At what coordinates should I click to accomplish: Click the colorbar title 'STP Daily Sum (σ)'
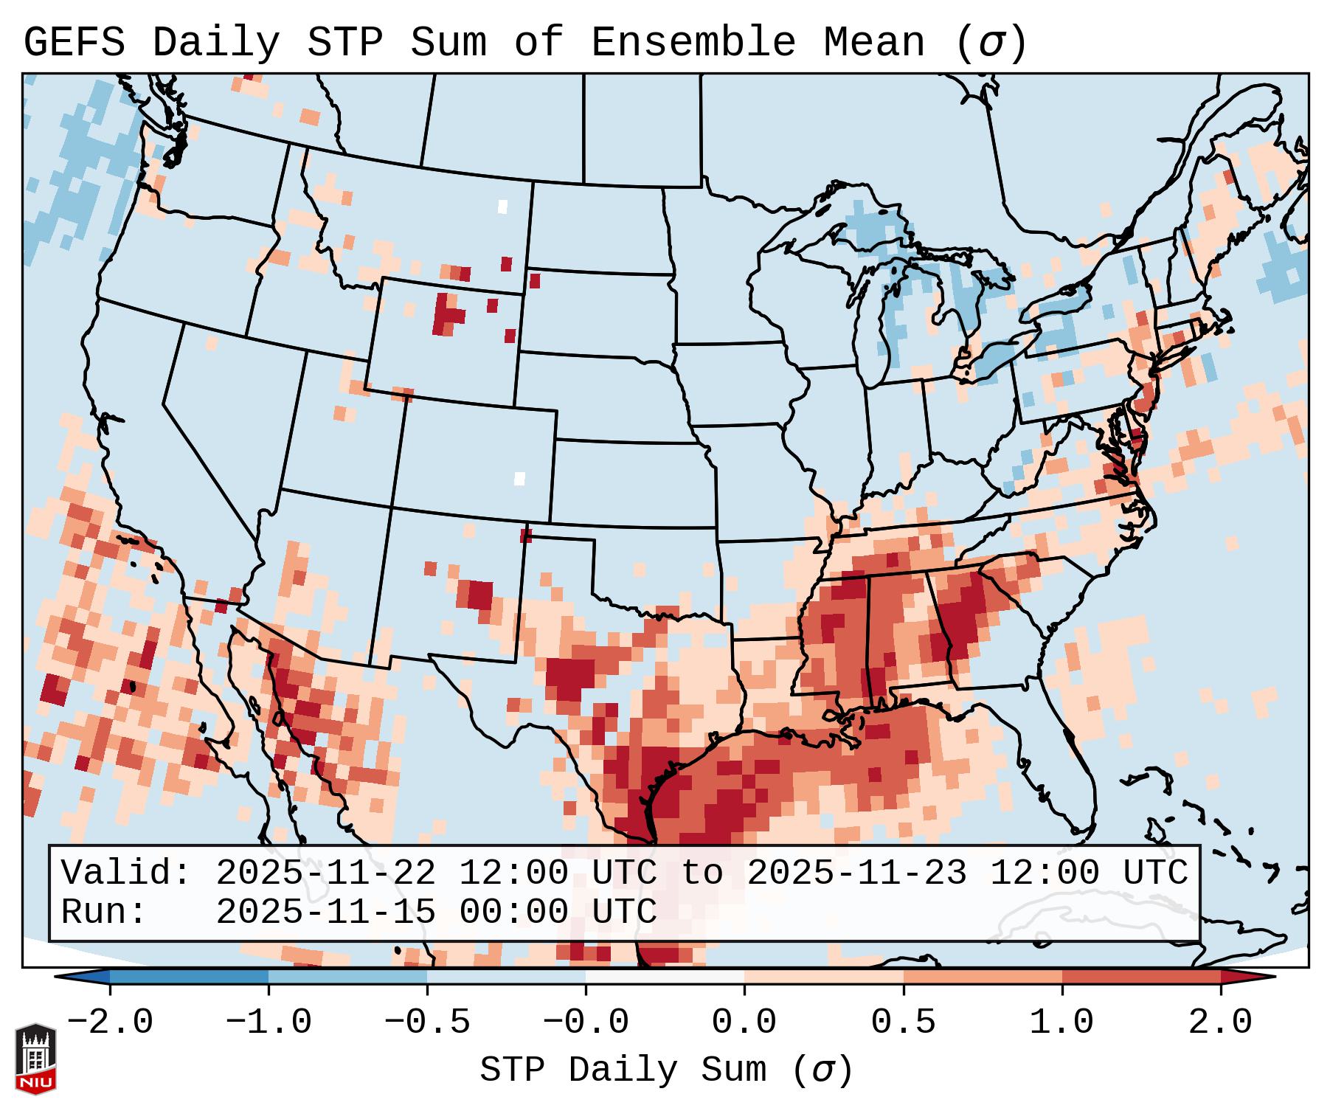tap(666, 1070)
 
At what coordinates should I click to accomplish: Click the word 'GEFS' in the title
tap(75, 43)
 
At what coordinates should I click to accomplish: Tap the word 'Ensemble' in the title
tap(693, 43)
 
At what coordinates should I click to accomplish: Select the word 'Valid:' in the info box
tap(126, 873)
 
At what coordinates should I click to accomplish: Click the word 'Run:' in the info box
tap(104, 913)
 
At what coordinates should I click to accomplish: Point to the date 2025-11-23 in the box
tap(856, 873)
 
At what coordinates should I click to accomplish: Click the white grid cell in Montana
tap(503, 207)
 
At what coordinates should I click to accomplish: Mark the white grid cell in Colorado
tap(519, 478)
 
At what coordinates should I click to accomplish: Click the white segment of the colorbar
tap(665, 977)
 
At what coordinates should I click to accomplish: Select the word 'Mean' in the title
tap(873, 43)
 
